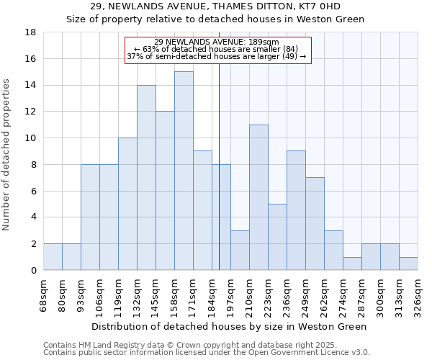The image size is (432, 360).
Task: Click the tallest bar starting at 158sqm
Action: (184, 171)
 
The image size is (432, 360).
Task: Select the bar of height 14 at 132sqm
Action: (146, 177)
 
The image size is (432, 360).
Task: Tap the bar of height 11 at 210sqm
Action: (258, 197)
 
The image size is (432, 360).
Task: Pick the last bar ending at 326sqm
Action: (408, 264)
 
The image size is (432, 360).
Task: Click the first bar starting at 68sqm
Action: (53, 257)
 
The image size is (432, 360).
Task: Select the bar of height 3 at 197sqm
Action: (240, 250)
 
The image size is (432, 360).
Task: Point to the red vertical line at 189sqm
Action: (219, 166)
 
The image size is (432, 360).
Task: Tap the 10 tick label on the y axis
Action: (31, 138)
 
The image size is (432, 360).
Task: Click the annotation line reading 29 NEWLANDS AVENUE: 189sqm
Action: (217, 42)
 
